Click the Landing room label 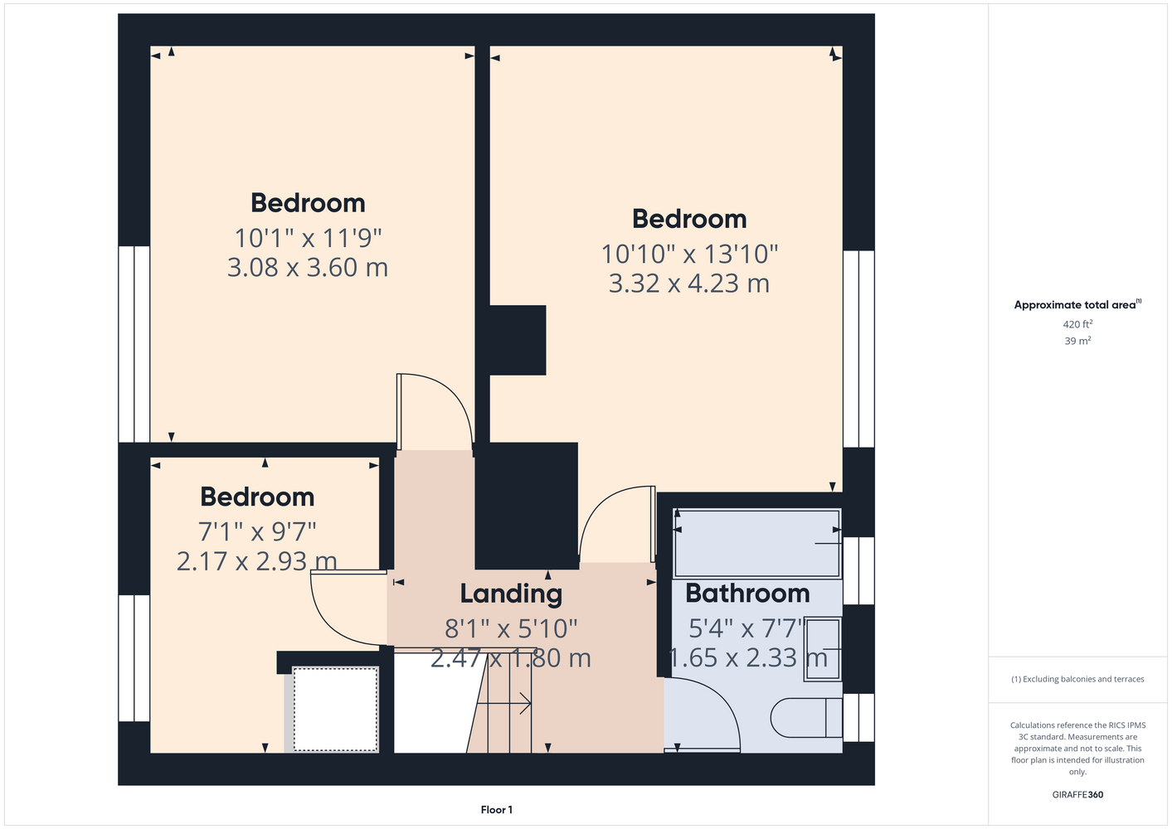(x=511, y=594)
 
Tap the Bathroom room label (x=747, y=594)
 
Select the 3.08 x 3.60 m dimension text (x=308, y=267)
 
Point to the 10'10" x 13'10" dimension (x=689, y=255)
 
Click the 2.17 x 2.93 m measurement (x=256, y=561)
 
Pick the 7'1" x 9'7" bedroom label (x=257, y=497)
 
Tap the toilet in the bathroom (x=806, y=718)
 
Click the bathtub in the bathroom (x=757, y=544)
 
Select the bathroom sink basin (x=823, y=649)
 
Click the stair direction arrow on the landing (x=504, y=704)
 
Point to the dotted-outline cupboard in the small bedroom (x=335, y=710)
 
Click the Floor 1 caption (x=497, y=810)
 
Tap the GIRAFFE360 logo (x=1077, y=794)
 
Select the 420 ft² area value (x=1077, y=324)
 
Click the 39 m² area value (x=1077, y=341)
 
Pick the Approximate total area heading (x=1077, y=304)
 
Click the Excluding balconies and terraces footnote (x=1077, y=679)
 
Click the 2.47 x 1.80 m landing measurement (x=511, y=658)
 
